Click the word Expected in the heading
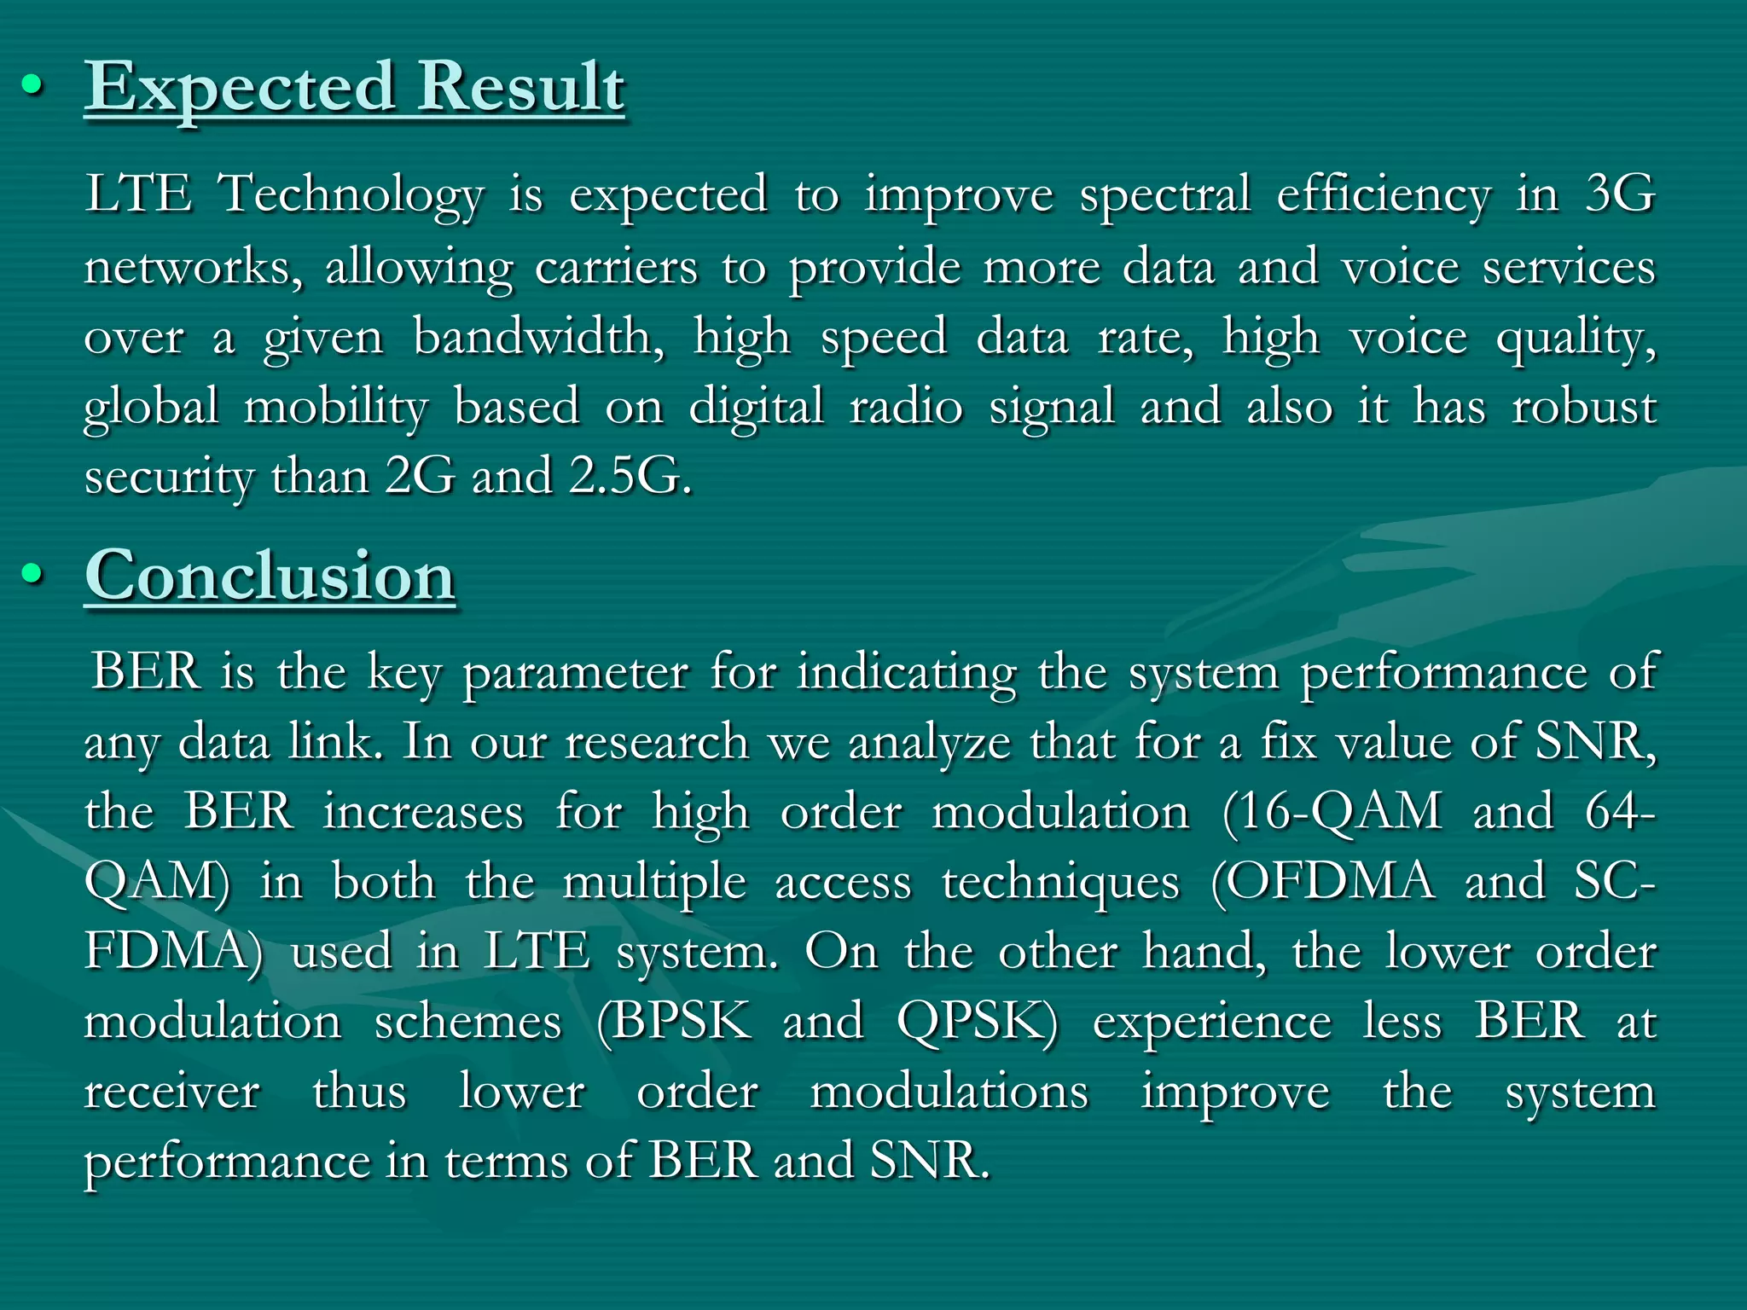[x=240, y=88]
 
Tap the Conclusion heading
[x=270, y=577]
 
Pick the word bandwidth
[x=538, y=337]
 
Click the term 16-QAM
[x=1332, y=811]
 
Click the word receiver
[x=172, y=1092]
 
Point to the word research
[x=657, y=742]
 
